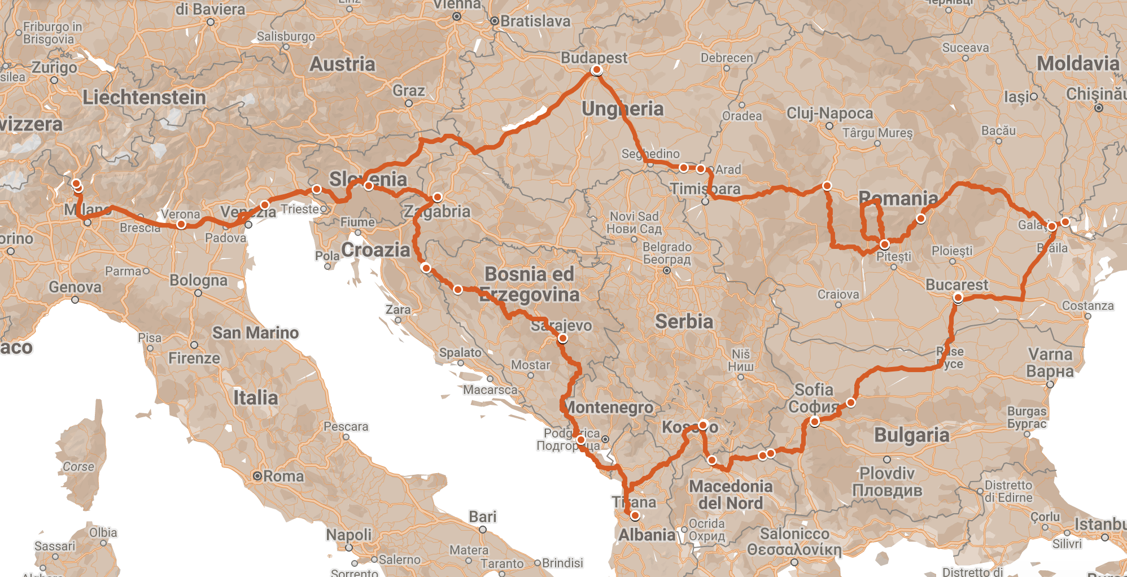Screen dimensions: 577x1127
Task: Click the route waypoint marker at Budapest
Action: click(x=597, y=70)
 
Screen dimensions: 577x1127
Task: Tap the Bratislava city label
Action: click(x=535, y=21)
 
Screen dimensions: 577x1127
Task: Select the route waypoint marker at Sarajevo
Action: click(x=562, y=339)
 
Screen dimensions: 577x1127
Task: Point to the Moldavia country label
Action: click(x=1077, y=64)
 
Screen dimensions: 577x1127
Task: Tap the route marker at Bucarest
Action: click(x=958, y=298)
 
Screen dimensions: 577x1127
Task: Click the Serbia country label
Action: click(x=684, y=322)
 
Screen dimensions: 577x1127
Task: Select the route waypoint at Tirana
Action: click(x=635, y=515)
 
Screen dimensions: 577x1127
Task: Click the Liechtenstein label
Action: click(x=144, y=98)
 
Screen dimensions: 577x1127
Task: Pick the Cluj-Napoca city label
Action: click(x=829, y=113)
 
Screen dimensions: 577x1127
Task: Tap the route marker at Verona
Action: click(x=181, y=224)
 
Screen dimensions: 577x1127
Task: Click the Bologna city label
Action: click(x=198, y=281)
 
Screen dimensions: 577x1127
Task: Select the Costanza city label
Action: click(x=1087, y=306)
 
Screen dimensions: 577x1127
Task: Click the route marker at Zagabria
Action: click(x=438, y=198)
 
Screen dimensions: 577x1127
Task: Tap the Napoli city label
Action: click(x=348, y=534)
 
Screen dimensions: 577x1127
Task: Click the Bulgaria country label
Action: click(x=911, y=435)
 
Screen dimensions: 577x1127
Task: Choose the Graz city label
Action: click(x=408, y=91)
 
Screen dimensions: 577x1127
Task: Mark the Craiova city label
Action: click(x=838, y=295)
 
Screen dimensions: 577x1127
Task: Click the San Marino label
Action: click(x=255, y=333)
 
